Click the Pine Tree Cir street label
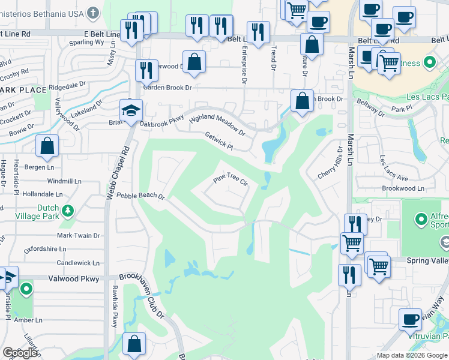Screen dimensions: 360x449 point(231,181)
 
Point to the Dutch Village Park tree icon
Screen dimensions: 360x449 point(68,211)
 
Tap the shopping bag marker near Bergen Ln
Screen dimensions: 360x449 point(47,146)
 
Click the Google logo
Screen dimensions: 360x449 point(20,353)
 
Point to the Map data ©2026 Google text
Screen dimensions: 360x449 point(412,355)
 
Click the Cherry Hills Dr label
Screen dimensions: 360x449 point(330,162)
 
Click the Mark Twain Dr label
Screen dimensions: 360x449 point(78,236)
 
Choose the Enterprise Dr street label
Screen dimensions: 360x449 point(244,66)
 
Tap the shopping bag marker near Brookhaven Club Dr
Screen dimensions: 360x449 point(134,344)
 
